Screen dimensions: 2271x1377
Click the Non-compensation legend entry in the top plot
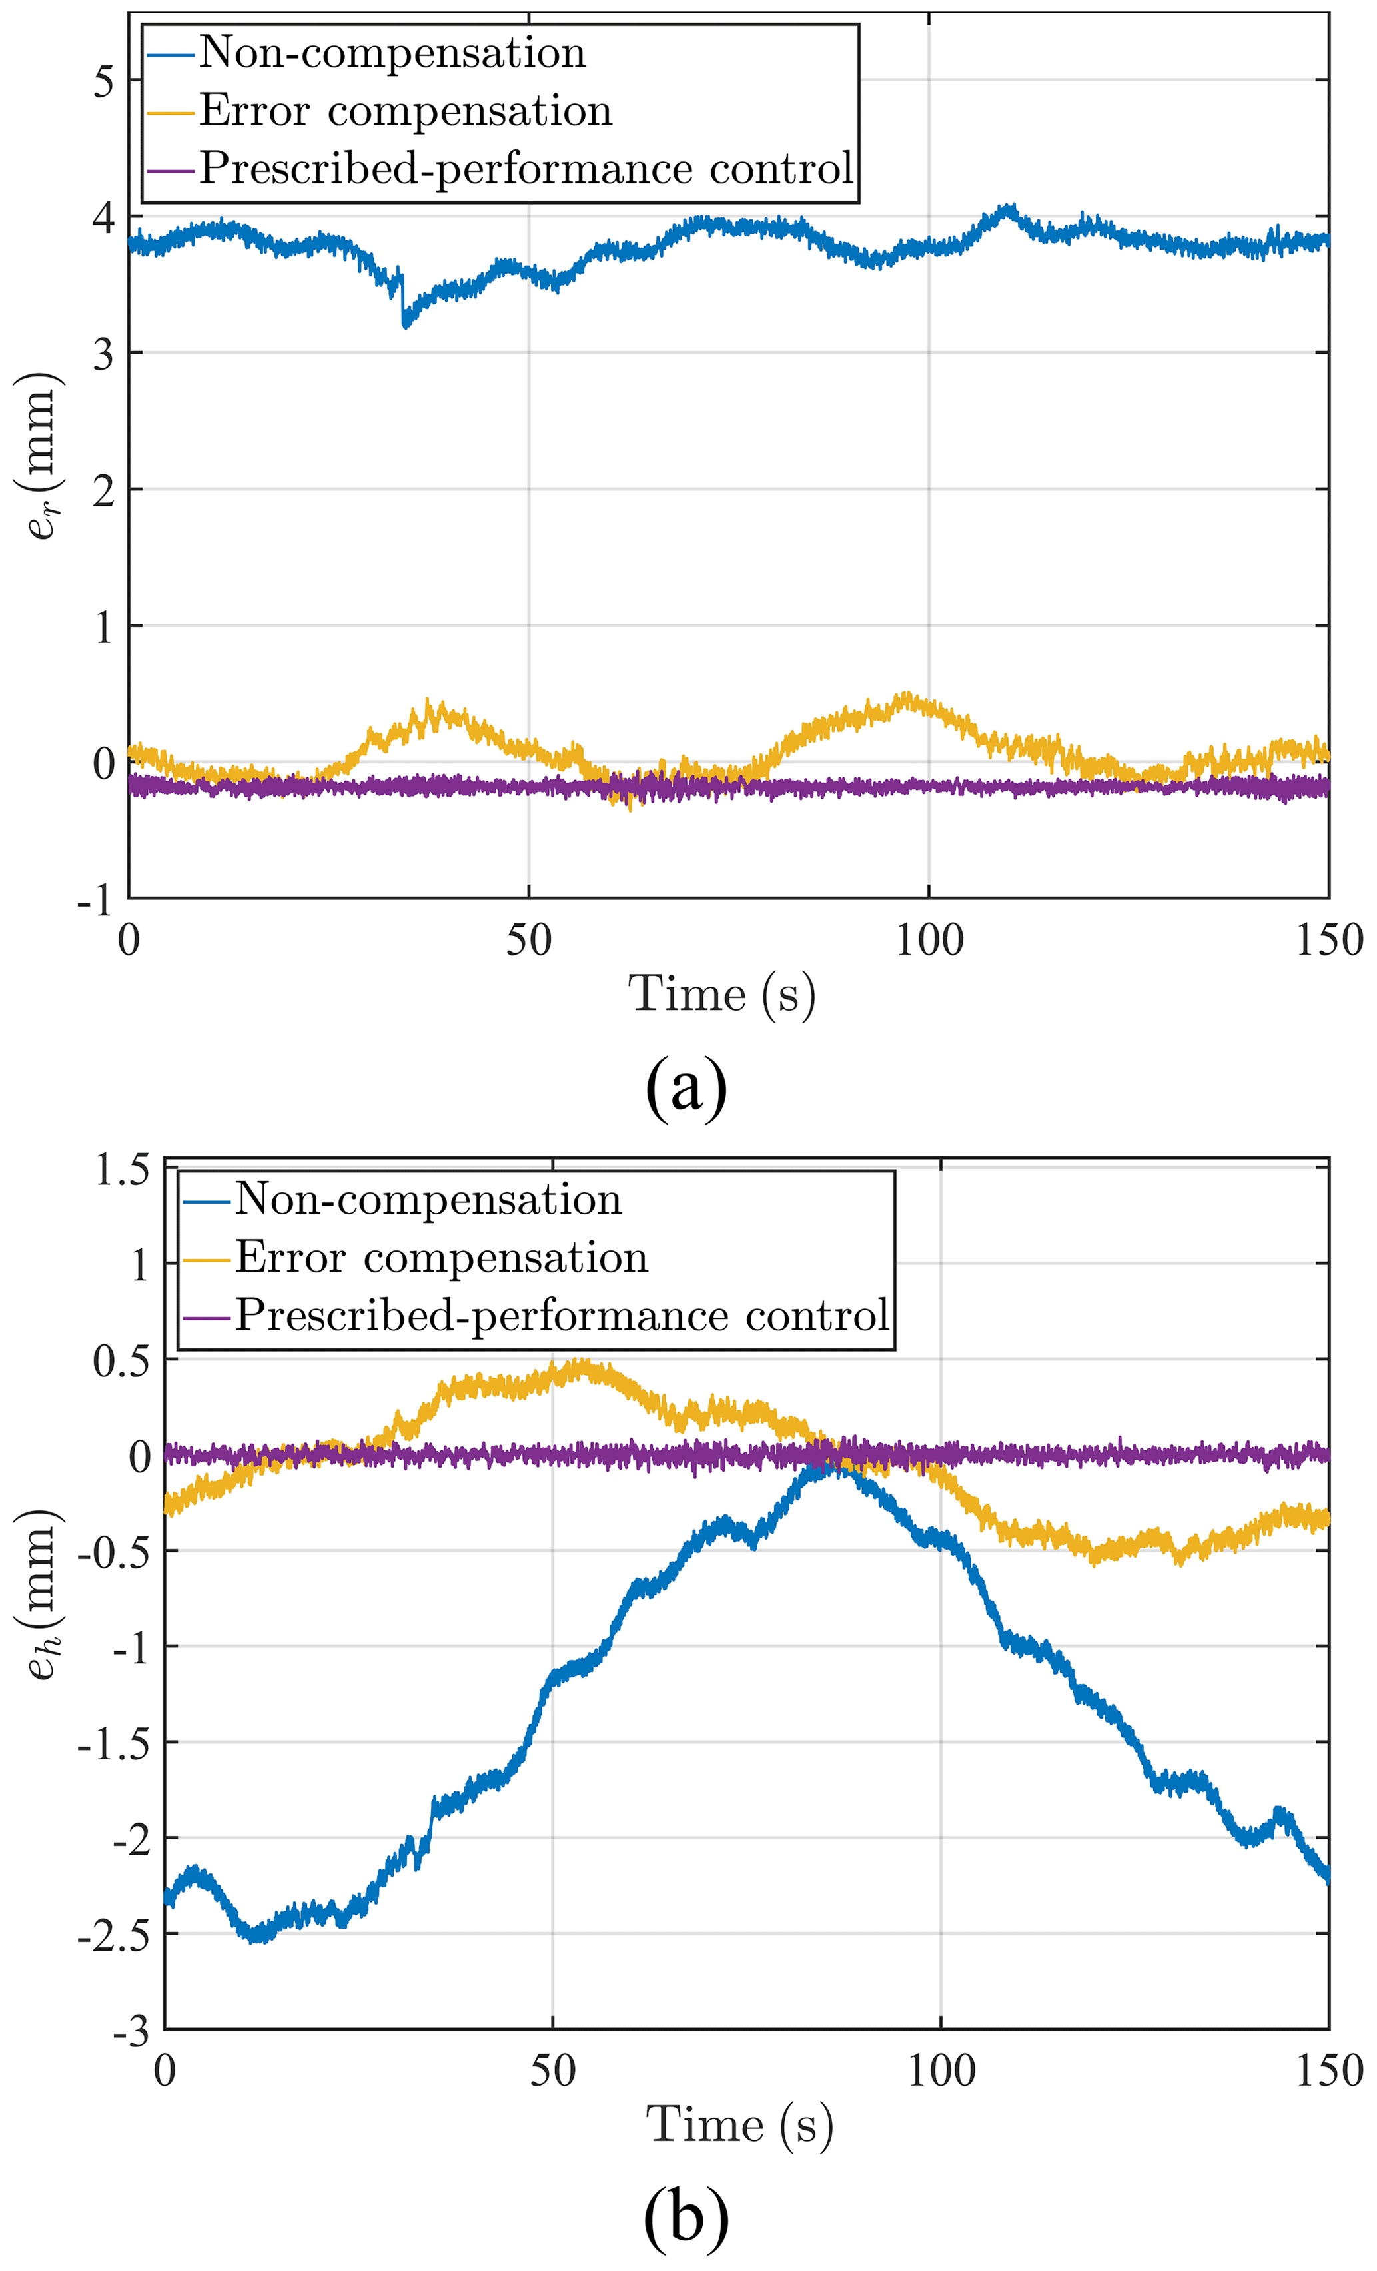pos(392,53)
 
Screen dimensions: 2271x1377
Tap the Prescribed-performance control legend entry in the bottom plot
pos(562,1315)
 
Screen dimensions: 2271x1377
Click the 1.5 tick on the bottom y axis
pos(122,1170)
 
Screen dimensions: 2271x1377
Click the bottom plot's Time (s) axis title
pos(740,2125)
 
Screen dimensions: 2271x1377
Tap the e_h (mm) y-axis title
pos(41,1593)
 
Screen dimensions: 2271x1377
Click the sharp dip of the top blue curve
pos(404,322)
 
